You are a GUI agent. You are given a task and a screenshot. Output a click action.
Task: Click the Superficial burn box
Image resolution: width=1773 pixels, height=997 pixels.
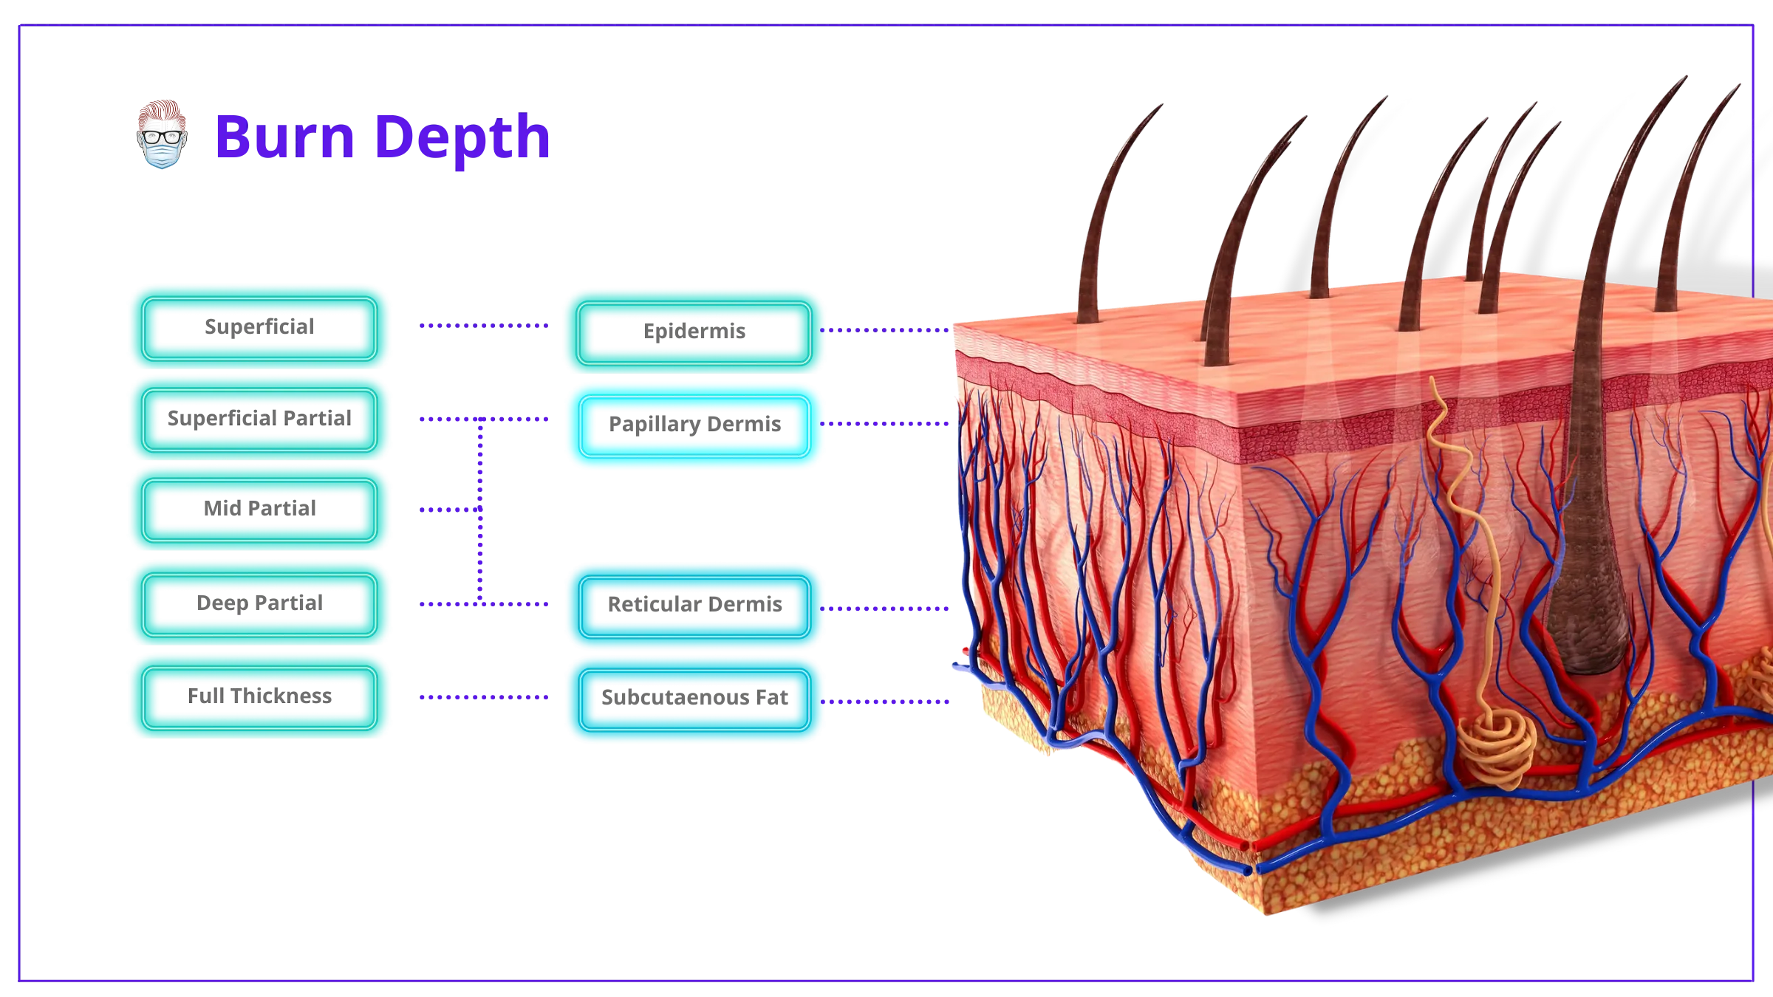[259, 328]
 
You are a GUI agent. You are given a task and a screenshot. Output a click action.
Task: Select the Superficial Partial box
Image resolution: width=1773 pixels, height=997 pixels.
[259, 419]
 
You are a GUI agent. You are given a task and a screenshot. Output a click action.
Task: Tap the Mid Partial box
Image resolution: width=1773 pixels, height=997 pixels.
[259, 510]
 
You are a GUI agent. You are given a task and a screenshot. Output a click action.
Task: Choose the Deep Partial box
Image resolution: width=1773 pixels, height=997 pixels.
[259, 604]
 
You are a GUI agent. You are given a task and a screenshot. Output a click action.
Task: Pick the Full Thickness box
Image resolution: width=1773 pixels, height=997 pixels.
[259, 697]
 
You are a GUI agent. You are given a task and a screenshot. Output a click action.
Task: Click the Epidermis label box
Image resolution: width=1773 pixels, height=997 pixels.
[694, 332]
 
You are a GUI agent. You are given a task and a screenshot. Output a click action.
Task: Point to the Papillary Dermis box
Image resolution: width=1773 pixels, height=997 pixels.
[694, 425]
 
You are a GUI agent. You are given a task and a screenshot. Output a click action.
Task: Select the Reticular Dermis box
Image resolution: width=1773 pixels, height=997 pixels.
[694, 606]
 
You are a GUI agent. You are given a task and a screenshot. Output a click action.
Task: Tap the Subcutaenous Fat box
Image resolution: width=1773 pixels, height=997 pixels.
[694, 699]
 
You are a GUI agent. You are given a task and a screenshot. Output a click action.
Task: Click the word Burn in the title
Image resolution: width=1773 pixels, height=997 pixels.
[285, 137]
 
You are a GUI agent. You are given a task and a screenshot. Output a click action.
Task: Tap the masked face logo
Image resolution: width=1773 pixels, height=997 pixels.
[162, 134]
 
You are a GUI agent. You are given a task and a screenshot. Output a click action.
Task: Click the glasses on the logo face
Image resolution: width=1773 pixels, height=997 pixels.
[162, 137]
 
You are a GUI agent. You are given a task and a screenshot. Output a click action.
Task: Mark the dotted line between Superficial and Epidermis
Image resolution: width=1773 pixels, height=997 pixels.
[484, 325]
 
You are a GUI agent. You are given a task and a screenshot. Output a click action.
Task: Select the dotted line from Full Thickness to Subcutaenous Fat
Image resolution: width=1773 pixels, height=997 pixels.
[484, 696]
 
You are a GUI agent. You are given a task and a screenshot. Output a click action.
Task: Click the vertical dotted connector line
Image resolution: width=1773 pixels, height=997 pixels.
[480, 511]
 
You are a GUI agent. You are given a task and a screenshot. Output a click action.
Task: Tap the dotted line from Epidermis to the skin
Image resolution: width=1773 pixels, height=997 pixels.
[884, 330]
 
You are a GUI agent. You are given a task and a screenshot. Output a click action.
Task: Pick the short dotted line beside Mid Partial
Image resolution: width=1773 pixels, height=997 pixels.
[450, 510]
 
